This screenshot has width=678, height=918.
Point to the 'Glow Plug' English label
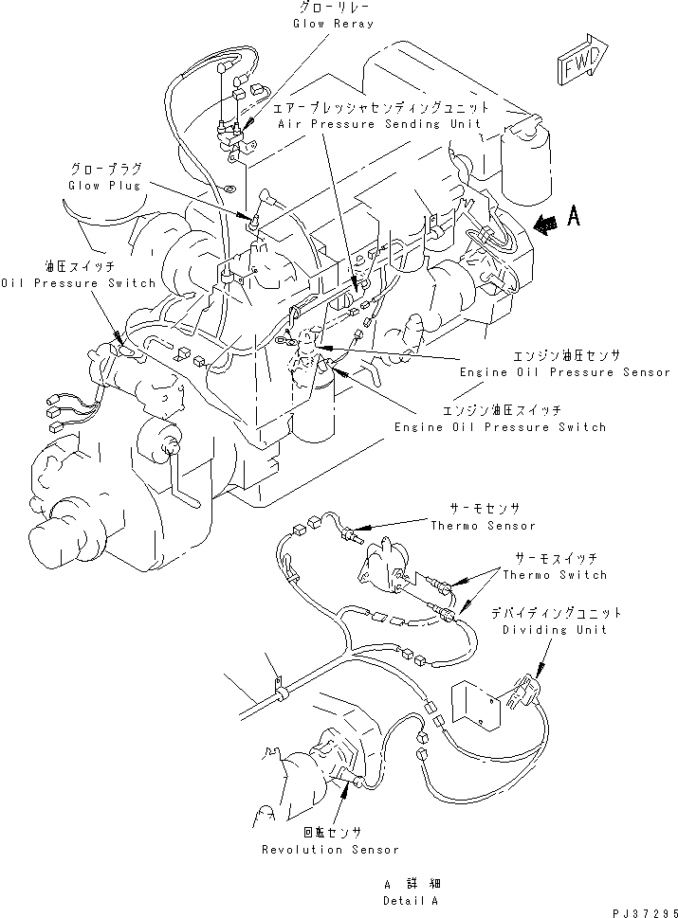pyautogui.click(x=103, y=186)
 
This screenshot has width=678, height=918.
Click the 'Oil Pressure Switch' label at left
pyautogui.click(x=78, y=283)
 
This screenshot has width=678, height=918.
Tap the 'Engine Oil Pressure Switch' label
pyautogui.click(x=501, y=427)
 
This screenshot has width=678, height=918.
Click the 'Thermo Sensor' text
pyautogui.click(x=483, y=526)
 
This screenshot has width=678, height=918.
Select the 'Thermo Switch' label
pyautogui.click(x=555, y=575)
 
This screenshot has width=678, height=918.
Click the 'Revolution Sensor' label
pyautogui.click(x=331, y=850)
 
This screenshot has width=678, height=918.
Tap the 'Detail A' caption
pyautogui.click(x=412, y=900)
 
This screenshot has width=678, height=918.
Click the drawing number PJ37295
pyautogui.click(x=640, y=910)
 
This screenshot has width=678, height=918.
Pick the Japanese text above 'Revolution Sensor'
pyautogui.click(x=331, y=834)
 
